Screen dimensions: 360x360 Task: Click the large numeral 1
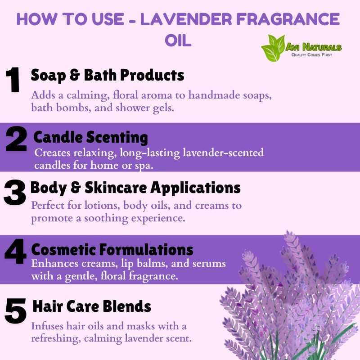pyautogui.click(x=13, y=80)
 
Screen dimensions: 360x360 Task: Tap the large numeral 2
pyautogui.click(x=16, y=139)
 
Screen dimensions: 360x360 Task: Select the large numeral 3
pyautogui.click(x=14, y=193)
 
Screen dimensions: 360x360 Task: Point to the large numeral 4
pyautogui.click(x=15, y=251)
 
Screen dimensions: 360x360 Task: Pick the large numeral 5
pyautogui.click(x=15, y=311)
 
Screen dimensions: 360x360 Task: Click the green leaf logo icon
pyautogui.click(x=273, y=48)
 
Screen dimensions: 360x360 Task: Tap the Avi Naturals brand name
pyautogui.click(x=314, y=47)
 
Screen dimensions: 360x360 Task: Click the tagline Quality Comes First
pyautogui.click(x=312, y=54)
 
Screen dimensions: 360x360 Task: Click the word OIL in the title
pyautogui.click(x=178, y=40)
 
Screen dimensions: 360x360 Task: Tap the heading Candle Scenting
pyautogui.click(x=91, y=138)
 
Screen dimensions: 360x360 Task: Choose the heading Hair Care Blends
pyautogui.click(x=92, y=306)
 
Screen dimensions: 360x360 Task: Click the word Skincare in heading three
pyautogui.click(x=116, y=188)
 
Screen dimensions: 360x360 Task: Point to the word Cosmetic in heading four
pyautogui.click(x=63, y=250)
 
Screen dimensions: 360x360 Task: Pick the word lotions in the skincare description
pyautogui.click(x=102, y=205)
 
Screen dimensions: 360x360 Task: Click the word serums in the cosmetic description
pyautogui.click(x=209, y=264)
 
